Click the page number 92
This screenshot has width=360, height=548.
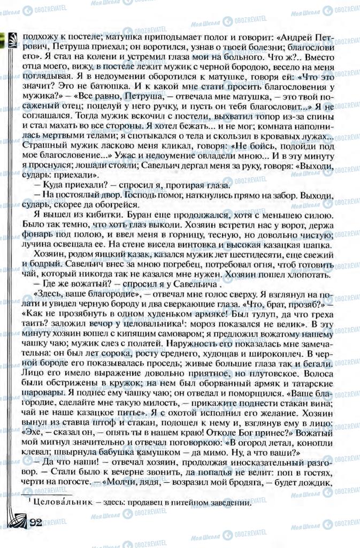pos(36,523)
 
